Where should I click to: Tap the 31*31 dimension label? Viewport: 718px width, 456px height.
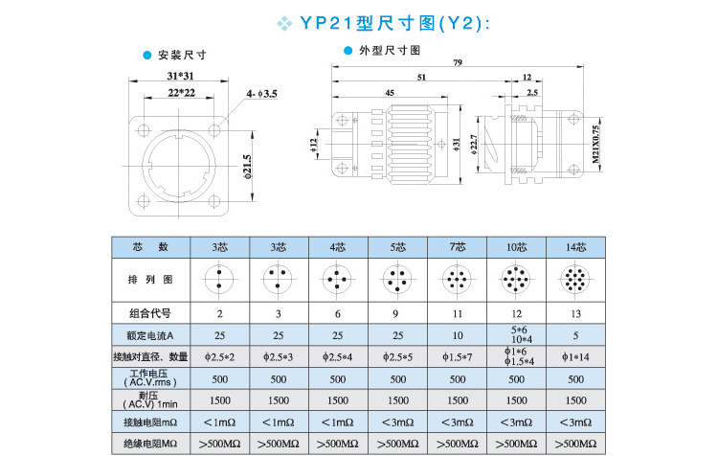182,75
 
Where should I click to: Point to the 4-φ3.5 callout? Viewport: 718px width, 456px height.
261,93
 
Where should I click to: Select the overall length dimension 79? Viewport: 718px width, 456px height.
459,63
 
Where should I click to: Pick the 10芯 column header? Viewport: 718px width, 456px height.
517,247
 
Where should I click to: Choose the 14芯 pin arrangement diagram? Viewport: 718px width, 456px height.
576,280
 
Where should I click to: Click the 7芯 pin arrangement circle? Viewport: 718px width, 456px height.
458,280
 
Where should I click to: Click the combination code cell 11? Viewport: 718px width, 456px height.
458,312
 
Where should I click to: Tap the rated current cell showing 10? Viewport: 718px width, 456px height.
458,334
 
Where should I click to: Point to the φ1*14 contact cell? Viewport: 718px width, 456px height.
576,356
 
